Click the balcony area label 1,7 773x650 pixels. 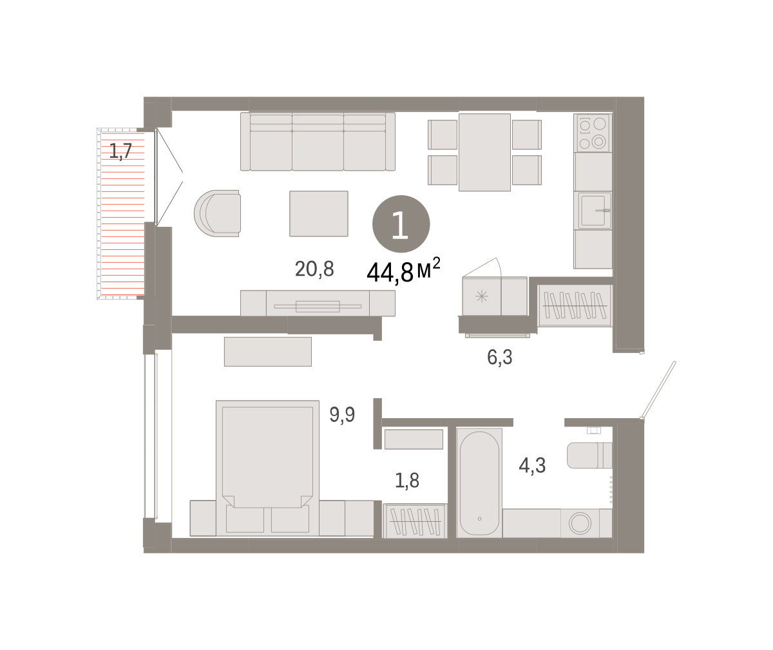[x=120, y=151]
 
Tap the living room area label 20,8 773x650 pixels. [x=314, y=269]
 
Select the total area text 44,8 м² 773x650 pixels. [x=403, y=270]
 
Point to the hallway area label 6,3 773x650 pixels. [x=499, y=357]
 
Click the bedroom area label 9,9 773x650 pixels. [x=342, y=414]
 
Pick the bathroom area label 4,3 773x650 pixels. [x=532, y=465]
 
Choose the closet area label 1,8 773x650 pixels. [x=407, y=481]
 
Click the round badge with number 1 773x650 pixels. [x=401, y=224]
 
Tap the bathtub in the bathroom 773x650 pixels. [x=479, y=483]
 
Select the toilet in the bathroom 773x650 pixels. [x=589, y=455]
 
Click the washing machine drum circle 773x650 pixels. [x=580, y=523]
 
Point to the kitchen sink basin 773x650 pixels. [x=593, y=211]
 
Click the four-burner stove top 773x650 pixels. [x=593, y=133]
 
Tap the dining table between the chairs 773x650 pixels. [x=484, y=152]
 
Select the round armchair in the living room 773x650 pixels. [x=217, y=214]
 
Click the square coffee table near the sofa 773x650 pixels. [x=319, y=214]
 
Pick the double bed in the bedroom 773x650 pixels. [x=267, y=468]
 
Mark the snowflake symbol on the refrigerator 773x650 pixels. [x=482, y=296]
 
